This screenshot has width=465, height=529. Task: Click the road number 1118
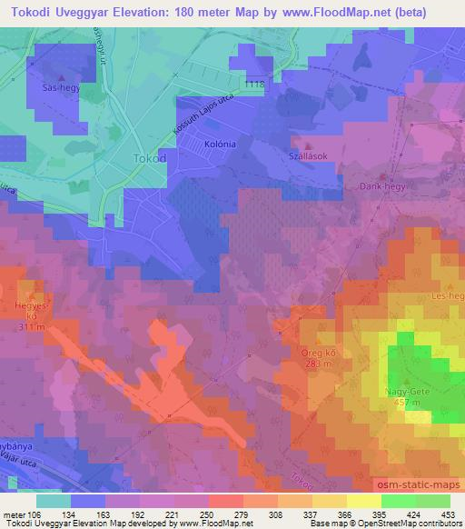tap(254, 84)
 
